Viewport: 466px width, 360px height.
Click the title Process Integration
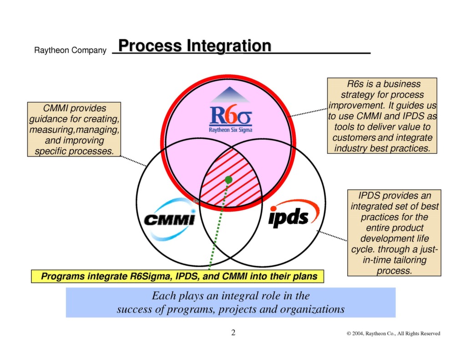click(194, 46)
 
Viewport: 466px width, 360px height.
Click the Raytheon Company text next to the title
click(70, 51)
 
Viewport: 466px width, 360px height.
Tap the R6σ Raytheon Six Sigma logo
click(230, 117)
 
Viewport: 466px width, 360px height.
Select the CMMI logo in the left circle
click(169, 219)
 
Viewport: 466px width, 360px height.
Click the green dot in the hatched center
click(228, 180)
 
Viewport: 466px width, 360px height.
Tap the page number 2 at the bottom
click(233, 333)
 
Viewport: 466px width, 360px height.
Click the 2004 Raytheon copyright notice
click(393, 334)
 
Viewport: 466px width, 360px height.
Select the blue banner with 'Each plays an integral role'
click(230, 302)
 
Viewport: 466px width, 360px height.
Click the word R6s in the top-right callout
click(353, 84)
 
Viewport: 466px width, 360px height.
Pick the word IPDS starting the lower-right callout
click(368, 196)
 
